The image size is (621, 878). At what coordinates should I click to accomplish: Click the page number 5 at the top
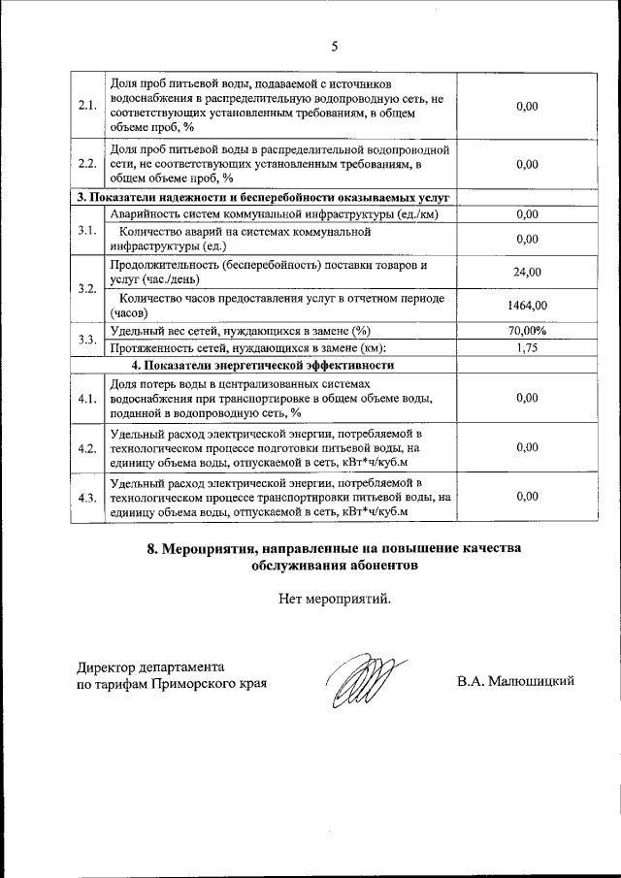(334, 46)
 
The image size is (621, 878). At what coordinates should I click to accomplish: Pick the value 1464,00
(527, 306)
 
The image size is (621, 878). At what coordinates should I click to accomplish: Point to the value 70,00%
(527, 331)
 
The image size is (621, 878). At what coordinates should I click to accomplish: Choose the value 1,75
(527, 347)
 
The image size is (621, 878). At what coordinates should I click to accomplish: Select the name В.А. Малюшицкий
(516, 681)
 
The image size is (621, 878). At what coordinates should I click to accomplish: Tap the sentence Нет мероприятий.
(335, 599)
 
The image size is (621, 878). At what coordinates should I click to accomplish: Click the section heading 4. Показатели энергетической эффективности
(262, 366)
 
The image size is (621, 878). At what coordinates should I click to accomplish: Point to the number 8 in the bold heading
(152, 548)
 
